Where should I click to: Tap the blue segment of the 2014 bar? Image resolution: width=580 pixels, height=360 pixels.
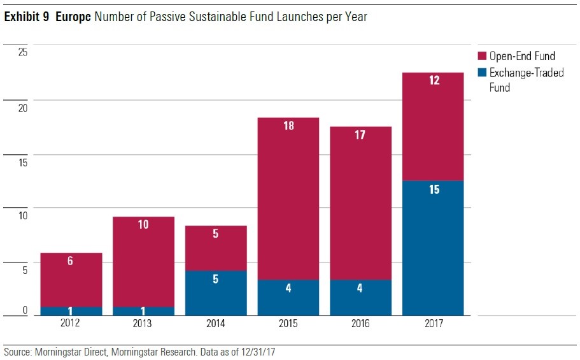pos(216,293)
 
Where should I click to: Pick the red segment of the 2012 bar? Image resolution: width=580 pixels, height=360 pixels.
pos(71,280)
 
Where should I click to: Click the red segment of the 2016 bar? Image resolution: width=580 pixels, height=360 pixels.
pos(360,204)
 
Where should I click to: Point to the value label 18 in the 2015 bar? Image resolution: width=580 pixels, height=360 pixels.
pos(288,126)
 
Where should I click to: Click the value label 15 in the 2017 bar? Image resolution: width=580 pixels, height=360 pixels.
pos(434,190)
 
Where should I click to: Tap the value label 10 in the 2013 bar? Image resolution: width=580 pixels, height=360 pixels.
pos(143,225)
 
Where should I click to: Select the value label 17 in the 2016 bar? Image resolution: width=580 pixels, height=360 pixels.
pos(360,135)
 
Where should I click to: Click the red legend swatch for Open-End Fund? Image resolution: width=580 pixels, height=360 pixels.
pos(482,56)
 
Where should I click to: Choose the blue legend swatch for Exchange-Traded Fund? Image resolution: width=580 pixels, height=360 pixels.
pos(482,73)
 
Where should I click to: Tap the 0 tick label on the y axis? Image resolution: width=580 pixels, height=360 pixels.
pos(25,310)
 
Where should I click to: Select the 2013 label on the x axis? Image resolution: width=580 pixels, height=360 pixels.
pos(143,324)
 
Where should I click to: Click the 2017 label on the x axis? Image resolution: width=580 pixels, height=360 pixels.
pos(433,324)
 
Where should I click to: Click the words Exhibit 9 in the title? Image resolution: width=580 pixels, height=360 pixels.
pos(27,17)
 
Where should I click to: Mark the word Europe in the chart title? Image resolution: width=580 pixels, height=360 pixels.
pos(74,17)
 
